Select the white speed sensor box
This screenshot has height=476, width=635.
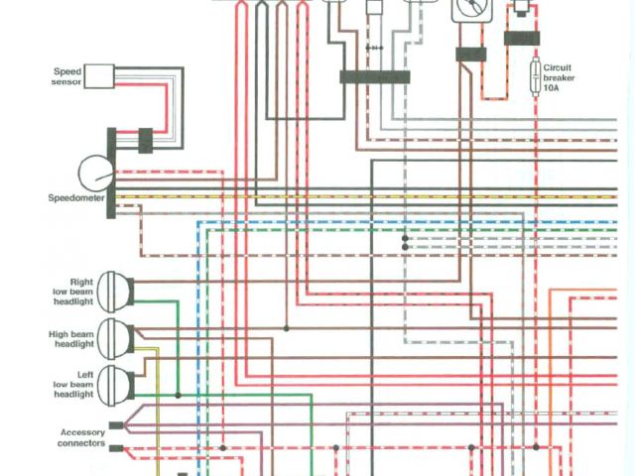[97, 76]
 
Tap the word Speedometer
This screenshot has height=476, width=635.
[76, 198]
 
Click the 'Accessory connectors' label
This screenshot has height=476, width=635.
[82, 438]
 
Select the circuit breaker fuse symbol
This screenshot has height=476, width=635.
[537, 74]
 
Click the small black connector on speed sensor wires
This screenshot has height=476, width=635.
[145, 140]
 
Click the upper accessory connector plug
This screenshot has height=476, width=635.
[116, 426]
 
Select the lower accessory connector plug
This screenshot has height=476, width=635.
[116, 448]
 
